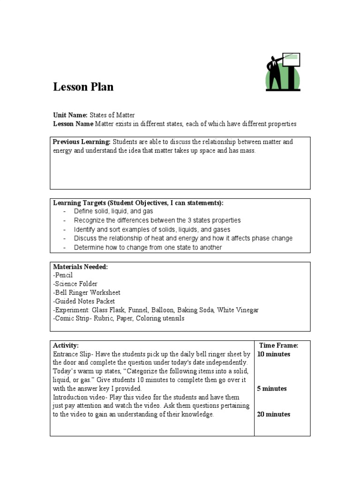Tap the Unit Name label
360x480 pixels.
point(70,115)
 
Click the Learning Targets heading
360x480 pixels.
point(138,203)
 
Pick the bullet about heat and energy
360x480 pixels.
point(183,238)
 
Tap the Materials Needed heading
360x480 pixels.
point(80,267)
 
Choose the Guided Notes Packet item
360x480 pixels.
point(84,301)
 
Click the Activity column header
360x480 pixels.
point(66,345)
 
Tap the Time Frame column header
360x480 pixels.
point(278,345)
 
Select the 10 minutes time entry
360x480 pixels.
point(274,354)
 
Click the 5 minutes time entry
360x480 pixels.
point(272,389)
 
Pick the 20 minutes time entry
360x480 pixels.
point(274,414)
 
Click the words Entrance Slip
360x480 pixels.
point(70,354)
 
